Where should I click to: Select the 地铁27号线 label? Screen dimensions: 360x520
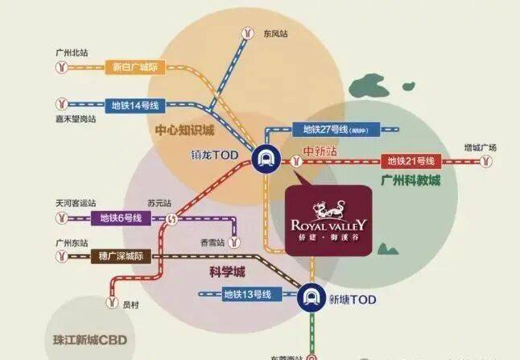coord(331,129)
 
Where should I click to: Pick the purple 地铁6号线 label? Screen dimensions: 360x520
coord(121,218)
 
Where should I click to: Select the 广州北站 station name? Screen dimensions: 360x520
coord(72,52)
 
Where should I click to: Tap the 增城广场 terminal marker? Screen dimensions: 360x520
coord(486,161)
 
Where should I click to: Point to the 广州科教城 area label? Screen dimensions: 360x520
coord(411,180)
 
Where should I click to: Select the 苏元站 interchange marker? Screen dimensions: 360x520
coord(171,218)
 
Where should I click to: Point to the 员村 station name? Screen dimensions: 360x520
coord(132,304)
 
